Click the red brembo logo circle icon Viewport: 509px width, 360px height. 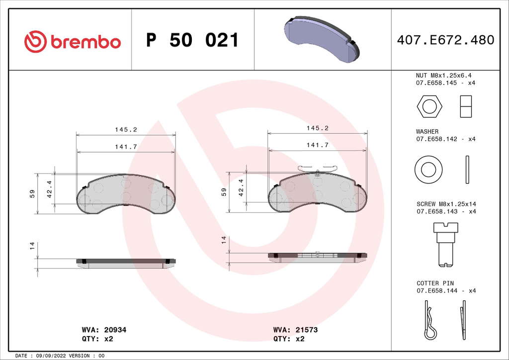pyautogui.click(x=35, y=42)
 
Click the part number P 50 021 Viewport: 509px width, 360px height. pyautogui.click(x=192, y=40)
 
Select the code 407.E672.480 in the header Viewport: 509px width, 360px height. pyautogui.click(x=445, y=40)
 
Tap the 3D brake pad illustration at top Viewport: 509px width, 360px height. pyautogui.click(x=322, y=39)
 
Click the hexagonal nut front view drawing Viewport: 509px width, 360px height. pyautogui.click(x=429, y=106)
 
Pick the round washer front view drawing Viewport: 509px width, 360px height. pyautogui.click(x=428, y=170)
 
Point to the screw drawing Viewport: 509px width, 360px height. pyautogui.click(x=446, y=245)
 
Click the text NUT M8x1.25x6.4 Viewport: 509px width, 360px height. pyautogui.click(x=443, y=76)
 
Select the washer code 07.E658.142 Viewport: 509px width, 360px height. pyautogui.click(x=436, y=139)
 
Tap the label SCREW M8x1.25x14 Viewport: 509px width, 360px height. pyautogui.click(x=446, y=204)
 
